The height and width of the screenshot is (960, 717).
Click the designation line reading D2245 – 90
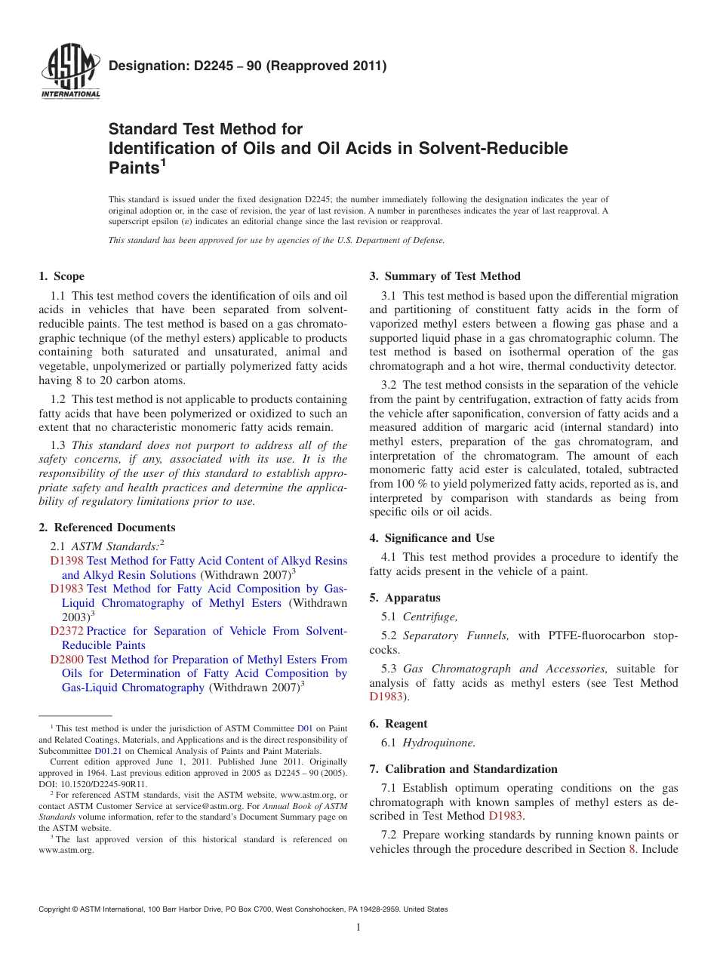point(248,66)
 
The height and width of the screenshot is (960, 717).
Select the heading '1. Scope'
point(62,276)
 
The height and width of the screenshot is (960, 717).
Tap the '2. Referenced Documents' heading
point(107,528)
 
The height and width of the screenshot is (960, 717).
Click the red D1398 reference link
point(67,561)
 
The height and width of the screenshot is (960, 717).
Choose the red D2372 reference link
point(67,631)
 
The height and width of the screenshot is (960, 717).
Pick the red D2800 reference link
point(67,660)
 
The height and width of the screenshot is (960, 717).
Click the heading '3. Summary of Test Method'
point(445,276)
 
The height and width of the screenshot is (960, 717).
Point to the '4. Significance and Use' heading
point(432,538)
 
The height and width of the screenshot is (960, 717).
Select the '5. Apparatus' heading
point(405,598)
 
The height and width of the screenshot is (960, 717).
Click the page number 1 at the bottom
point(358,928)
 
